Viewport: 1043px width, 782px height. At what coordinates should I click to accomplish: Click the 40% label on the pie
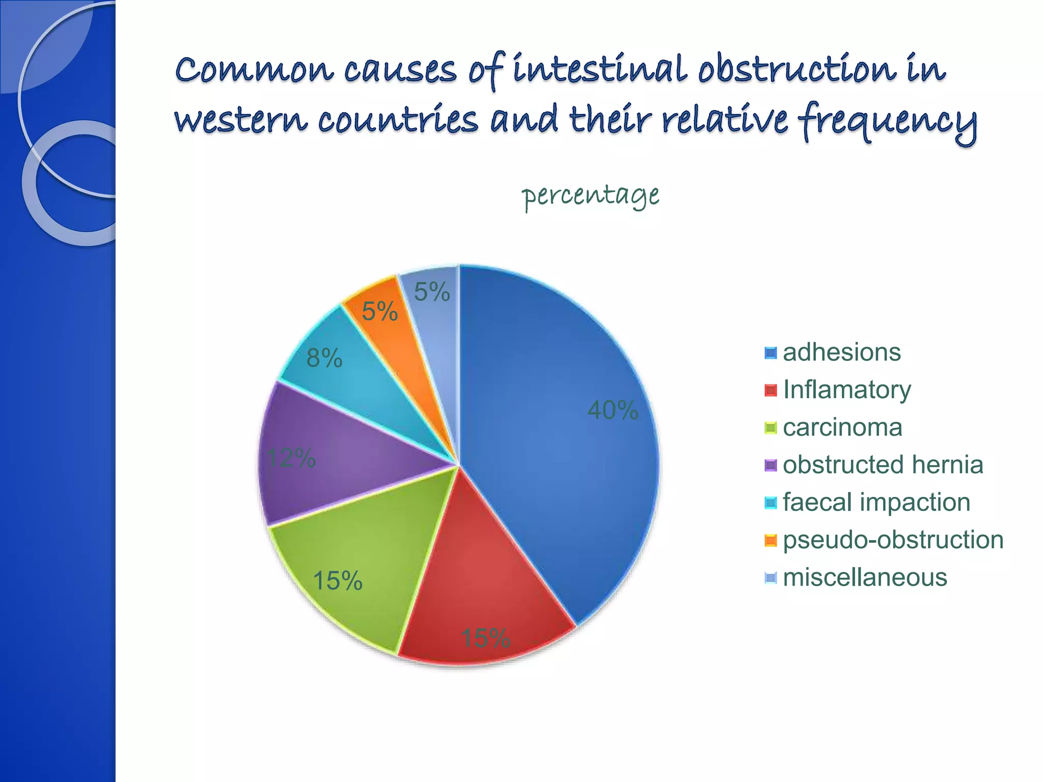612,410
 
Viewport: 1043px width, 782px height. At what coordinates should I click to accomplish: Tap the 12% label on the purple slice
291,458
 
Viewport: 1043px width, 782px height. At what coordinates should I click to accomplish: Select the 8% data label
324,358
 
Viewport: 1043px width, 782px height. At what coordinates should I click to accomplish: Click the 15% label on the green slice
338,581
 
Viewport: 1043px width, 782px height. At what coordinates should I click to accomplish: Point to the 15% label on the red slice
485,638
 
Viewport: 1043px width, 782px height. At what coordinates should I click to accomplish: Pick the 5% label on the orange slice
379,312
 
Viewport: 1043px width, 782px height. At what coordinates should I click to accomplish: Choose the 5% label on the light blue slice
432,292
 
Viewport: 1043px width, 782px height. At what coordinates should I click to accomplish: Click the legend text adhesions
841,352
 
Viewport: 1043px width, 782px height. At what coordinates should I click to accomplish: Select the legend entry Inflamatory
847,390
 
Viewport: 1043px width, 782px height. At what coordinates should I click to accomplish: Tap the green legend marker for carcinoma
771,428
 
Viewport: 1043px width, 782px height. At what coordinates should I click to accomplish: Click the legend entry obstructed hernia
883,465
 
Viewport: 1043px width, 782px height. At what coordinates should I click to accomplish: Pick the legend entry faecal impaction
876,502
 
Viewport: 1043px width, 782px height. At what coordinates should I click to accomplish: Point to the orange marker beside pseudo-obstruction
771,540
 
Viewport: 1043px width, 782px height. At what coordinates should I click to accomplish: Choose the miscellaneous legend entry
865,578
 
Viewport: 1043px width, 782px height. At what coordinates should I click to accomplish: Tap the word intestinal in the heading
600,70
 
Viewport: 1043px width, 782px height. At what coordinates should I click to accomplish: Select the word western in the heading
241,121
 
